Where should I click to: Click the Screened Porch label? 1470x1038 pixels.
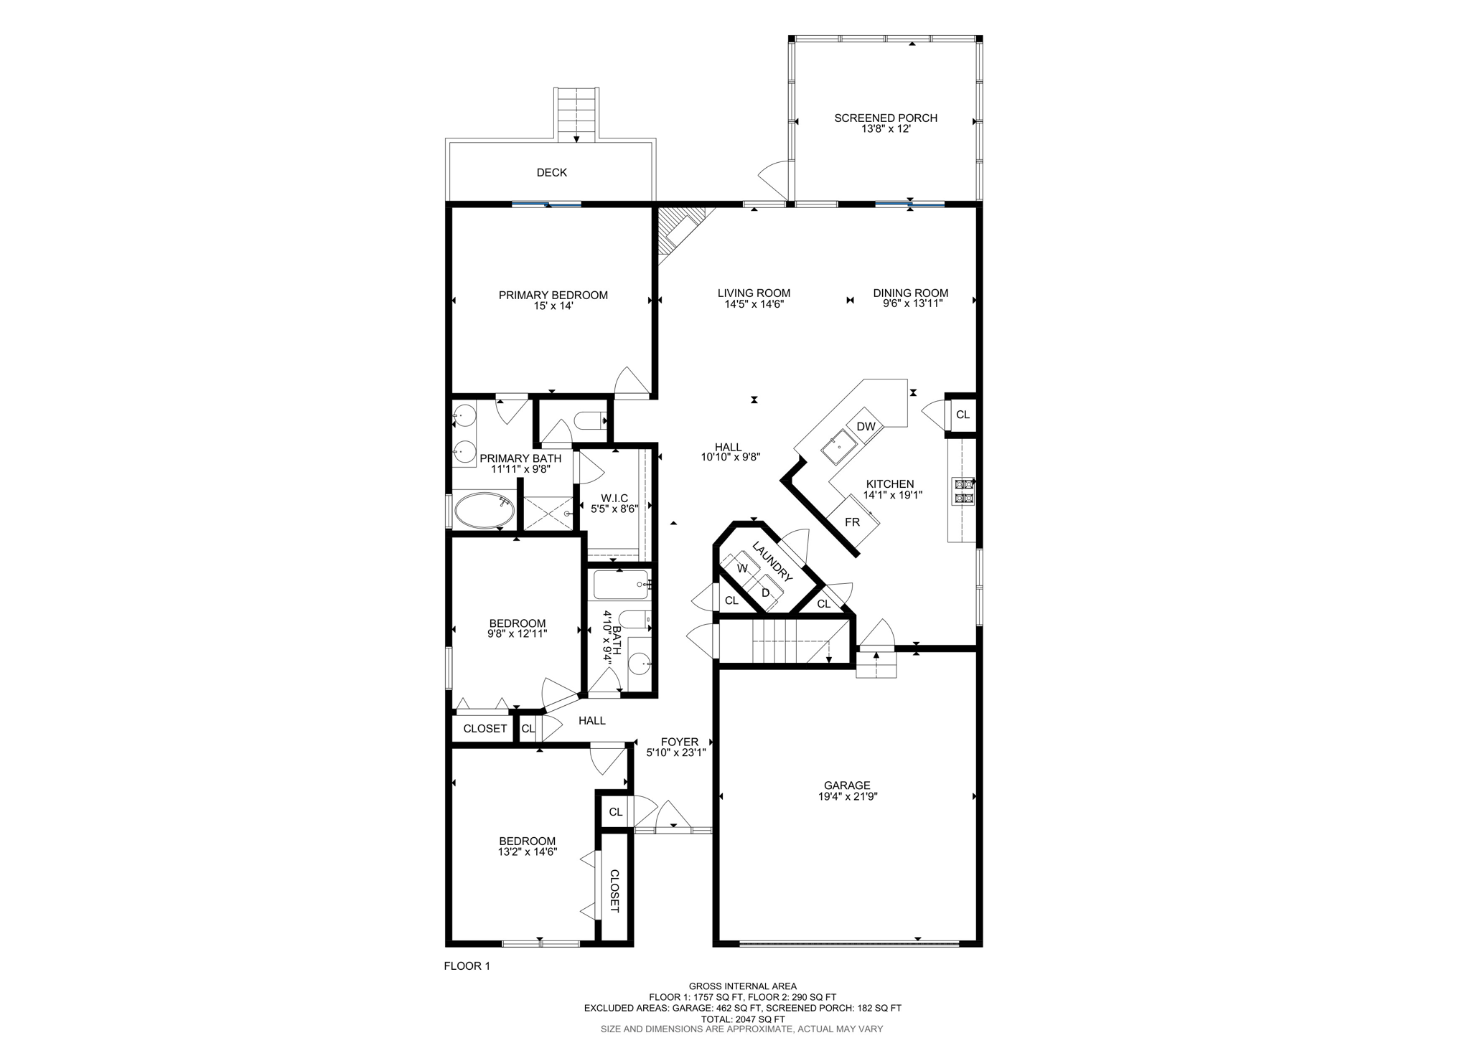coord(885,118)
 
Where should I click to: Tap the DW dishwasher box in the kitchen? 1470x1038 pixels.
coord(866,426)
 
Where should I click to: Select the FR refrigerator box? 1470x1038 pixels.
coord(852,522)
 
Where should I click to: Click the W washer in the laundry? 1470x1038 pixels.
coord(742,568)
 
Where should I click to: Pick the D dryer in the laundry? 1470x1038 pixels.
coord(765,593)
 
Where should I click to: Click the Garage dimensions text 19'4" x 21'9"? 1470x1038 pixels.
coord(847,796)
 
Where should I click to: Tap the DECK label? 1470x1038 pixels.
coord(551,172)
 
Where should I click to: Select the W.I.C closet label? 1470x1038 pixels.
coord(614,498)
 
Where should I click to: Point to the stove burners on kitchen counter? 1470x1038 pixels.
coord(963,491)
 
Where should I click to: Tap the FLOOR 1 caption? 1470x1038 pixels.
coord(467,966)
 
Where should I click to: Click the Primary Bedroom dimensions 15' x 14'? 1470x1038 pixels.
coord(553,306)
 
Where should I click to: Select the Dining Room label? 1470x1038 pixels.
coord(910,293)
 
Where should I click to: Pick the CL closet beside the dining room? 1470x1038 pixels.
coord(963,415)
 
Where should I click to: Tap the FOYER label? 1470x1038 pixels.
coord(679,742)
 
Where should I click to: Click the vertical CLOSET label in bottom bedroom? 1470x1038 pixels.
coord(614,891)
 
